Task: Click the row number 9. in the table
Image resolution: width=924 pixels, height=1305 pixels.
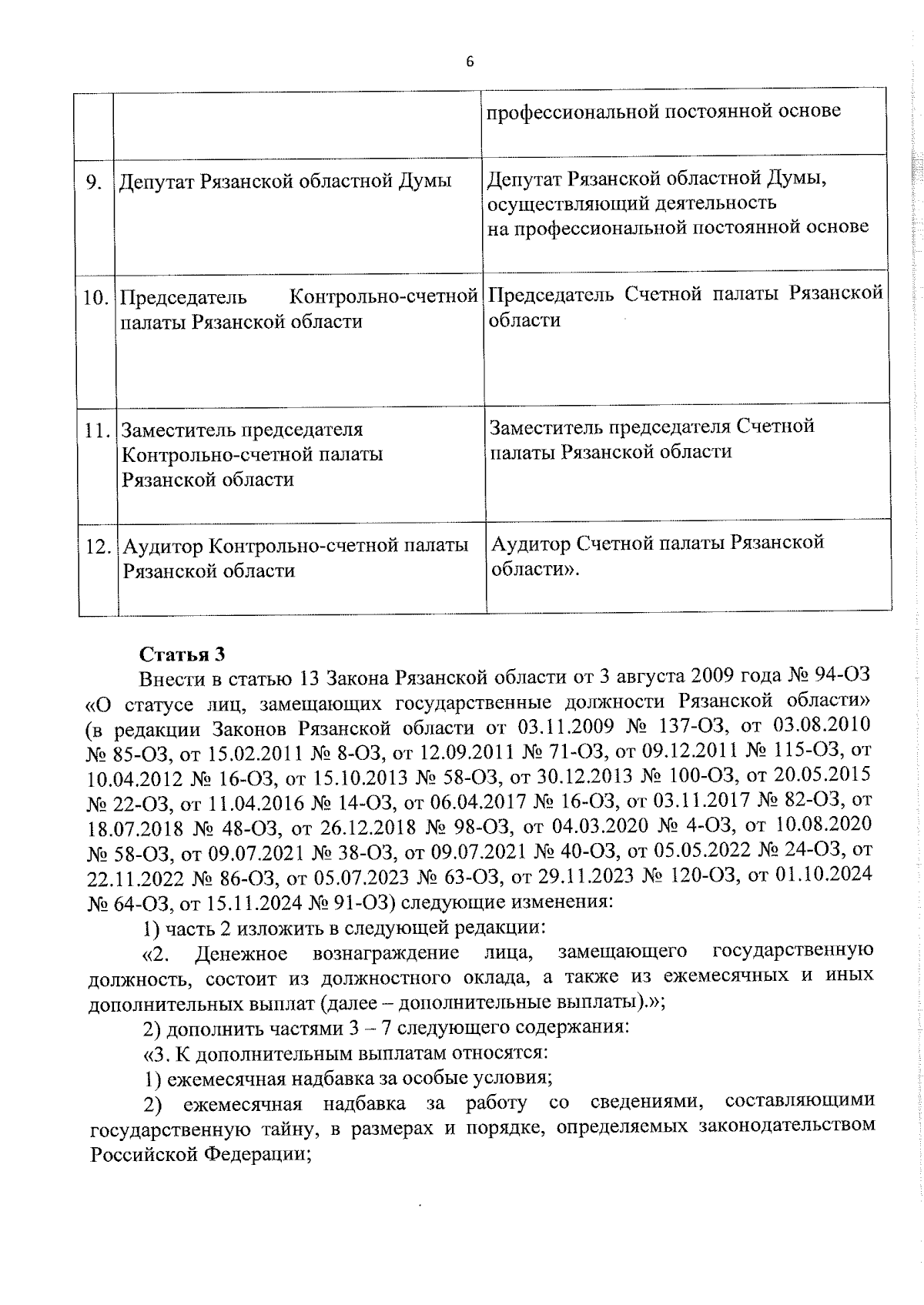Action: click(x=94, y=182)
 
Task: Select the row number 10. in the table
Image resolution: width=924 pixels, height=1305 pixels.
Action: click(x=95, y=297)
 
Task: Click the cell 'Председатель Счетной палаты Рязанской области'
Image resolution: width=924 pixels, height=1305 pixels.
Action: click(x=685, y=306)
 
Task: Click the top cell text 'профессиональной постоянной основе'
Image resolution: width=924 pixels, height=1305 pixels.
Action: click(x=663, y=111)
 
